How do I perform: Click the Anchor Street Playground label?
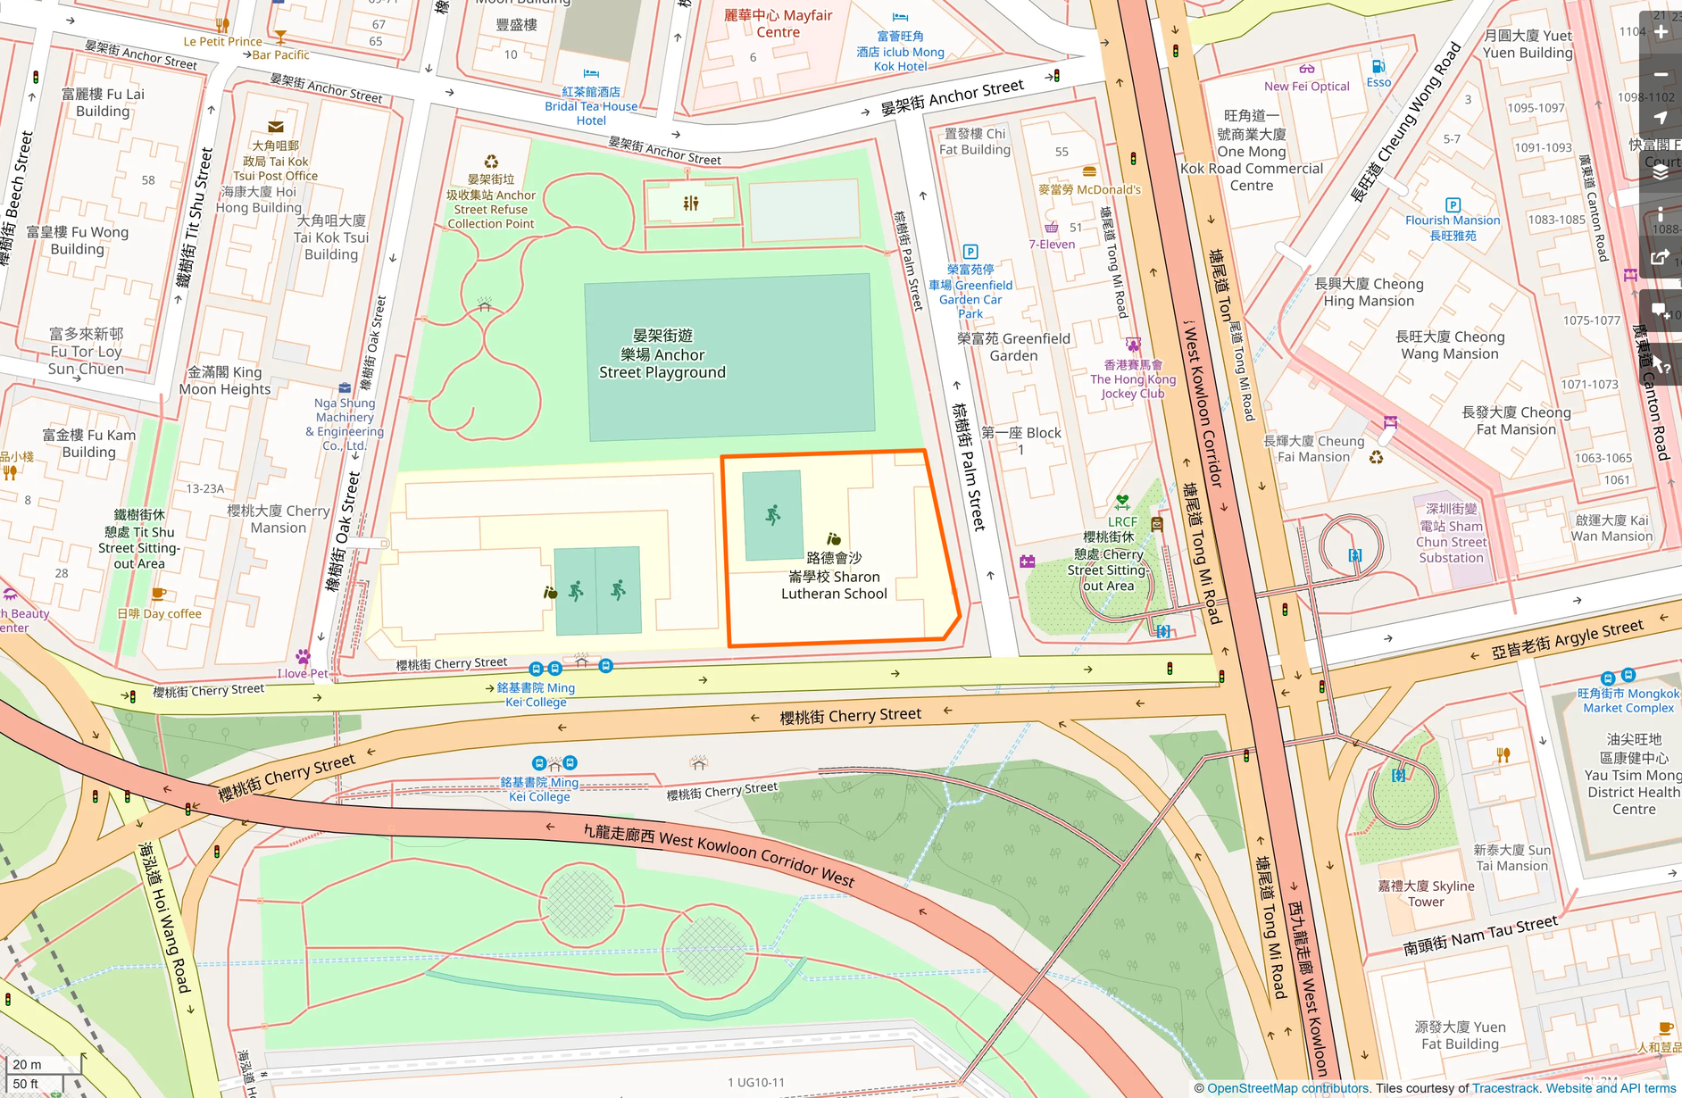pos(662,354)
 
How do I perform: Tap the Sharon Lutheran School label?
pos(834,576)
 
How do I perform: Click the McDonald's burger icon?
pos(1088,171)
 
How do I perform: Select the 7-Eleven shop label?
pos(1052,244)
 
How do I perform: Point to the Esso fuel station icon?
pos(1378,67)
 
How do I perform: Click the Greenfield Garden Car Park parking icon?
pos(970,252)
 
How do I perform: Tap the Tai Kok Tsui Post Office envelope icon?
pos(275,127)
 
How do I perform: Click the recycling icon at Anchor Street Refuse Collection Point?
pos(491,162)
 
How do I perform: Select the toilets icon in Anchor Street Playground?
pos(691,204)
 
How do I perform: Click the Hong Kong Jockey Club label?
pos(1133,378)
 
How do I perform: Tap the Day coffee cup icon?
pos(159,594)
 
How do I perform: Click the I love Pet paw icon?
pos(303,657)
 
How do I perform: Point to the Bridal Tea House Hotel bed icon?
pos(591,73)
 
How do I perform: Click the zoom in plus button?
pos(1661,32)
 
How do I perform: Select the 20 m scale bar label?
pos(27,1064)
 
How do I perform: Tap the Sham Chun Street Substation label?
pos(1452,533)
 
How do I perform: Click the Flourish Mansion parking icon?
pos(1453,204)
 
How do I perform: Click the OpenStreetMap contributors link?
pos(1287,1088)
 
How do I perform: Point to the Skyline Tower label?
pos(1426,893)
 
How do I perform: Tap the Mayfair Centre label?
pos(779,23)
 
